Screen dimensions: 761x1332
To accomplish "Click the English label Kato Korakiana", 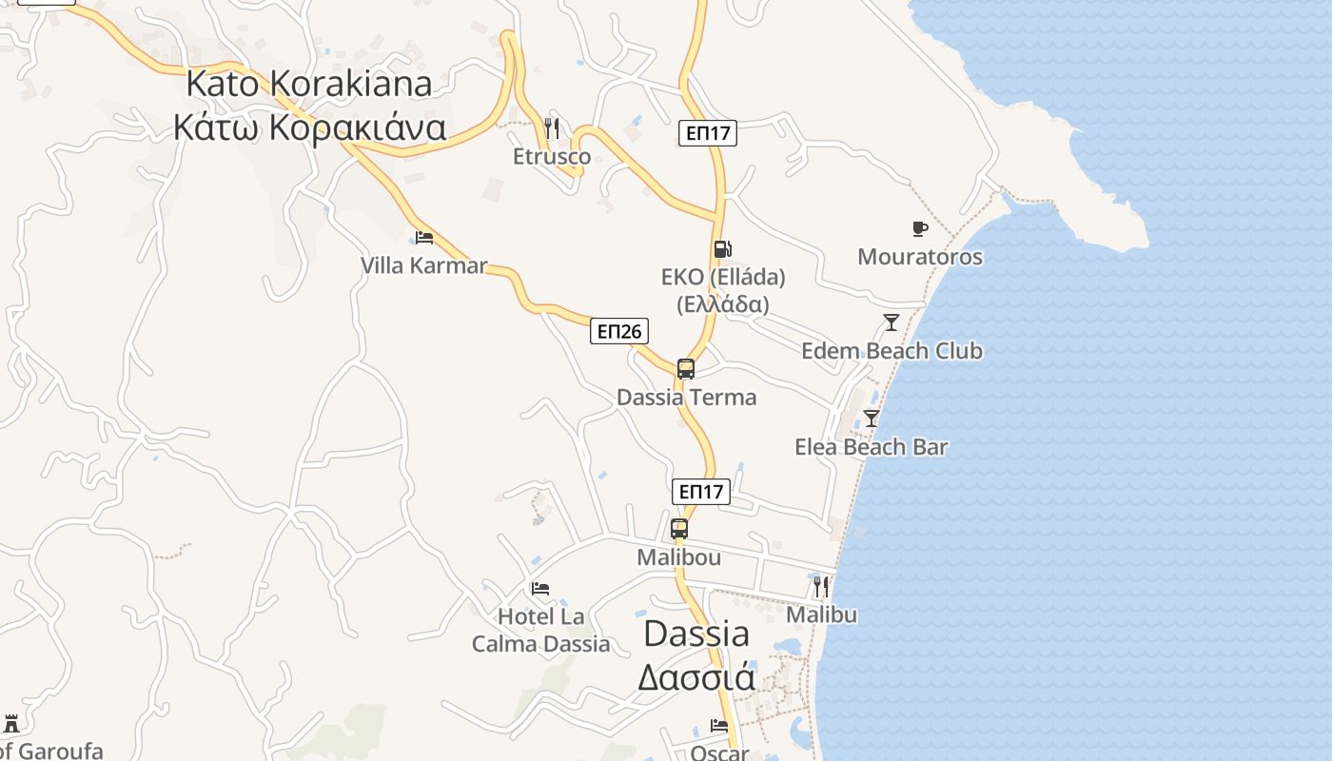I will (x=308, y=84).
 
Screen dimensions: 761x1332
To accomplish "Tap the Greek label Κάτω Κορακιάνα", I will (x=309, y=127).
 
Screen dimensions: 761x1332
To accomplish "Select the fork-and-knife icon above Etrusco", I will (x=552, y=127).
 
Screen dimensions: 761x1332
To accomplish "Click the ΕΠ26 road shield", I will (x=619, y=331).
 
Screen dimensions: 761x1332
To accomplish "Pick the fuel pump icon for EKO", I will (x=723, y=249).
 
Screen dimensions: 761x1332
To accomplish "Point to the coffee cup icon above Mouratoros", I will (x=919, y=228).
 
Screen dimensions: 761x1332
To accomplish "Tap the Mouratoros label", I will (x=920, y=257).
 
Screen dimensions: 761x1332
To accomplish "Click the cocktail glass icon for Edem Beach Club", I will (x=891, y=322).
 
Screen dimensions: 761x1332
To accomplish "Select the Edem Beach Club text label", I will (x=891, y=351).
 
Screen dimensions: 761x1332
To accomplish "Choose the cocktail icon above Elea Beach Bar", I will (x=872, y=418).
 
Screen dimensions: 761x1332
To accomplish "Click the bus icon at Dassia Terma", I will (x=686, y=369).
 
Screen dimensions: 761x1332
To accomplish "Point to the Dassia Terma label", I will (x=687, y=398).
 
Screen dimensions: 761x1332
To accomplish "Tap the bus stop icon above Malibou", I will (x=679, y=529).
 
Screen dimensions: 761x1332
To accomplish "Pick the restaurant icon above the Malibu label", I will (x=821, y=586).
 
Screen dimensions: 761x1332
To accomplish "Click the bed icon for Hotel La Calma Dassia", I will (x=540, y=589).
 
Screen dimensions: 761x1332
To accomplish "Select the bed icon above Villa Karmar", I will (x=424, y=237).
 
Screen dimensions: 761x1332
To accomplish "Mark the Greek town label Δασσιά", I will (x=696, y=677).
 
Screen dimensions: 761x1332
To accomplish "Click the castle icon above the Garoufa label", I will (x=11, y=724).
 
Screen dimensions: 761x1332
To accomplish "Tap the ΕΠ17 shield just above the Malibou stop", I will (x=701, y=492).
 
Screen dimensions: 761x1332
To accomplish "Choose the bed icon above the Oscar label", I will (x=719, y=726).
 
